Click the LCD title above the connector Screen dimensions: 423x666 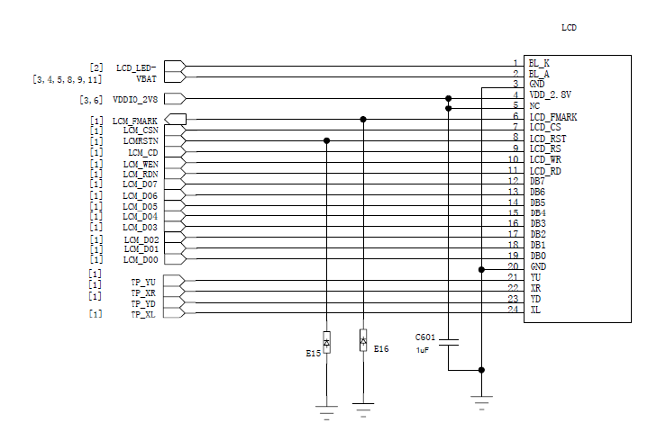tap(569, 28)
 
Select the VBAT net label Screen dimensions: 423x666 tap(146, 78)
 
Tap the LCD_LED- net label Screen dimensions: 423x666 tap(136, 67)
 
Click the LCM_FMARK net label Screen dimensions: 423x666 tap(134, 121)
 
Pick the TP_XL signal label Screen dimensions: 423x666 tap(143, 314)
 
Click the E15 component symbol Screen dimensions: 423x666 tap(326, 343)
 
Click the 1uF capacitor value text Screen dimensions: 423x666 tap(422, 350)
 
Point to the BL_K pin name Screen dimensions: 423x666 tap(539, 63)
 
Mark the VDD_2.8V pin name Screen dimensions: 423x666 tap(550, 94)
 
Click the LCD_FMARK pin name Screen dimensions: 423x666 tap(553, 117)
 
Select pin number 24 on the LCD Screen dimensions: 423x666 tap(514, 310)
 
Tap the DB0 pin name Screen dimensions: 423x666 tap(537, 256)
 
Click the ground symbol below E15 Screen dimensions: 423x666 tap(326, 409)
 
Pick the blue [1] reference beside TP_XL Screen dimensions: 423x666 tap(96, 314)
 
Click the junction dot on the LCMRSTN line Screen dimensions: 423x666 tap(326, 140)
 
